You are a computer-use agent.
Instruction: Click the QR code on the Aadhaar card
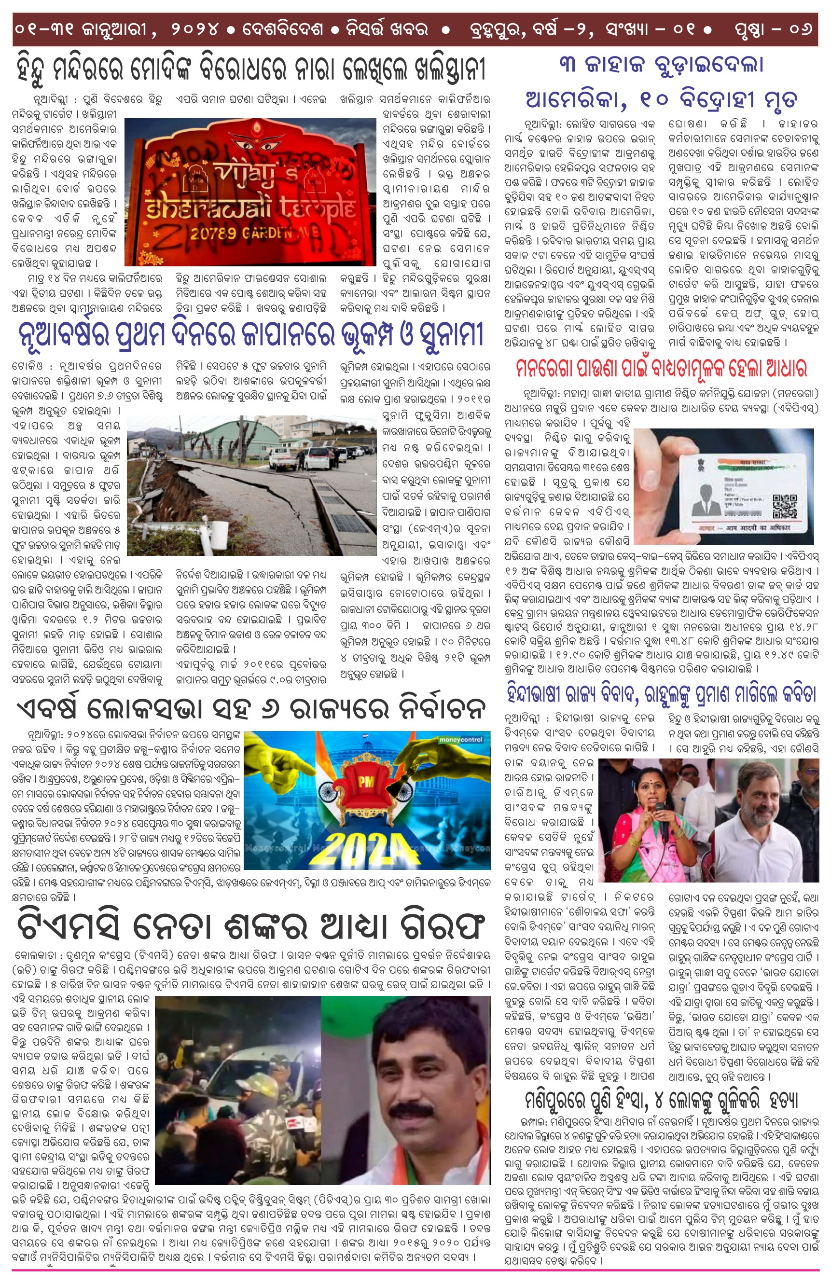tap(784, 506)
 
